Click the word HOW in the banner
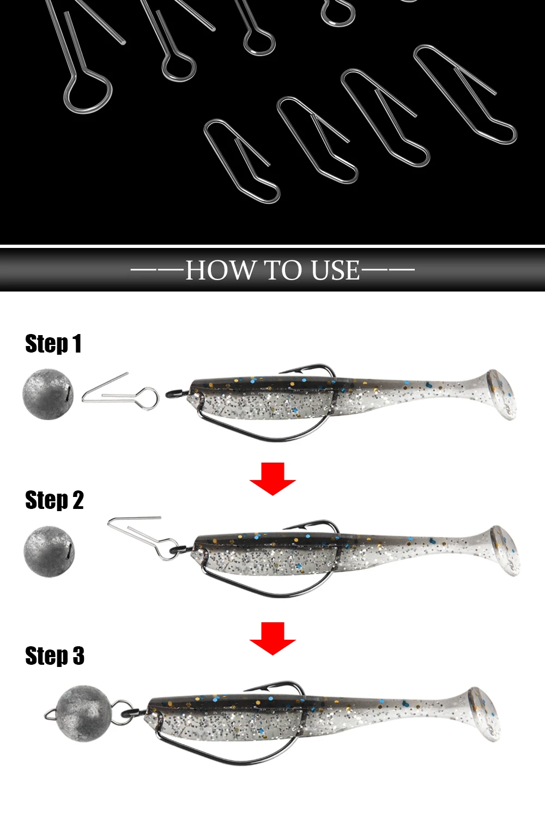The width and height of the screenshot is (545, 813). click(220, 270)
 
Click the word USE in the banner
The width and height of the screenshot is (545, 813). click(335, 270)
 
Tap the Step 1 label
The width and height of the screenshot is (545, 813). click(53, 343)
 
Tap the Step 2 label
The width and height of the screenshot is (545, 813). click(55, 500)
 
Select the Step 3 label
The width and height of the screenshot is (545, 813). click(55, 656)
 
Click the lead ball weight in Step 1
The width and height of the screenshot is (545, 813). click(48, 394)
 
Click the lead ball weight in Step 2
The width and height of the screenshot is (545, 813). click(49, 551)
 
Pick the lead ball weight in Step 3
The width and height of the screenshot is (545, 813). click(83, 713)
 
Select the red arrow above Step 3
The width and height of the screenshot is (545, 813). click(272, 639)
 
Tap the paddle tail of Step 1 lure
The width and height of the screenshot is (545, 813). click(501, 395)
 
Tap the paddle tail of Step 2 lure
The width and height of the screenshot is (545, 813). click(504, 550)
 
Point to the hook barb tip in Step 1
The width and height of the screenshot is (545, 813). click(280, 373)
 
